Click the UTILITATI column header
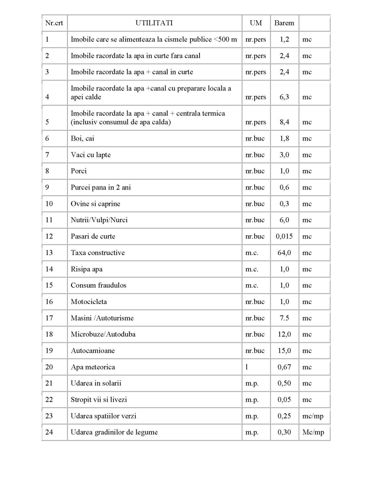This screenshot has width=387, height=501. [154, 23]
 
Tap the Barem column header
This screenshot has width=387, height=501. [284, 23]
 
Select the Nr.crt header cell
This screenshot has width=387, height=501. [54, 23]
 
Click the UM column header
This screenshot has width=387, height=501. [256, 23]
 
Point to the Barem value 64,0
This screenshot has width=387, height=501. [284, 253]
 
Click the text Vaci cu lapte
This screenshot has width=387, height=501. [91, 155]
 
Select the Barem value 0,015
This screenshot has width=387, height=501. [284, 236]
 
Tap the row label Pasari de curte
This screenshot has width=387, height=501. [93, 236]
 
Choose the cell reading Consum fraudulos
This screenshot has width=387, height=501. [98, 285]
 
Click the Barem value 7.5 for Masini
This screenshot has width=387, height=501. [284, 318]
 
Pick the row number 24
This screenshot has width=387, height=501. [49, 432]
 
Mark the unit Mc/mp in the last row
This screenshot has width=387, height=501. [313, 432]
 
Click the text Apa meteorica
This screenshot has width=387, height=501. [93, 367]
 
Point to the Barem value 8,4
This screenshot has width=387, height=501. [284, 122]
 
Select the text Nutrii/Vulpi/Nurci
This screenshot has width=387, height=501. [99, 220]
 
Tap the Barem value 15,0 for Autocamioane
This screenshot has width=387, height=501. [284, 351]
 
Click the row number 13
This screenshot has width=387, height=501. [49, 253]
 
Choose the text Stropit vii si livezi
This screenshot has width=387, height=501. [99, 400]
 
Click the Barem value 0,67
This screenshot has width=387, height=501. [284, 367]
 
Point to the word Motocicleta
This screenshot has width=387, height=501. [89, 302]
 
